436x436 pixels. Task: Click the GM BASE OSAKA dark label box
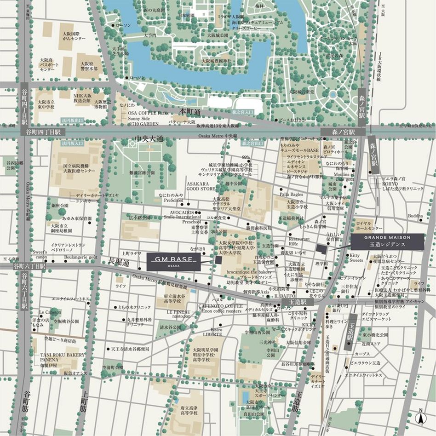[174, 262]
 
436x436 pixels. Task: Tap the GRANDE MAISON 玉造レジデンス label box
[387, 241]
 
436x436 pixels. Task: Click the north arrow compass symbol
[420, 417]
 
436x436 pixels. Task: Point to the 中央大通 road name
[149, 138]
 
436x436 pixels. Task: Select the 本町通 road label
[190, 111]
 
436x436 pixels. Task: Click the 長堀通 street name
[118, 261]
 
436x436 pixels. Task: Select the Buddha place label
[415, 215]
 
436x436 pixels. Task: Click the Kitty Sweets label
[356, 258]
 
